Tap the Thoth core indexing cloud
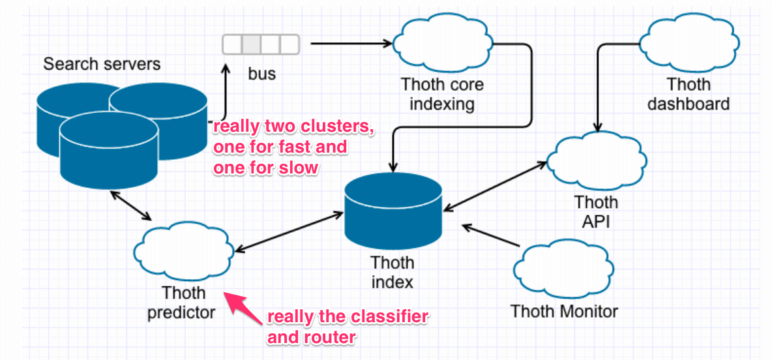click(x=442, y=44)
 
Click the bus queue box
click(x=261, y=44)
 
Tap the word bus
click(x=261, y=73)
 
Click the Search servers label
click(x=102, y=64)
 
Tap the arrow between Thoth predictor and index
click(x=289, y=231)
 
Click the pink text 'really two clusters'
click(x=293, y=127)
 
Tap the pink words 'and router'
click(x=311, y=337)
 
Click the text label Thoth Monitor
click(x=564, y=310)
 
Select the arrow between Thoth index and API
click(x=495, y=186)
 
